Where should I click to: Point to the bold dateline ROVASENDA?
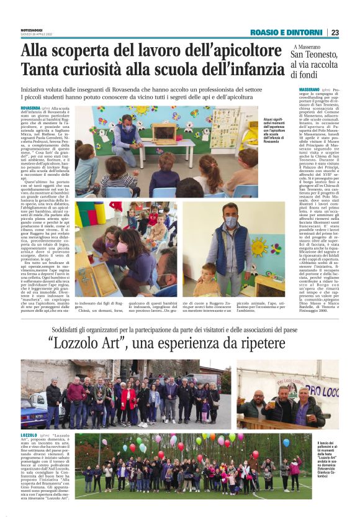[30, 108]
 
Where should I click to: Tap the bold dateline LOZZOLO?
[29, 435]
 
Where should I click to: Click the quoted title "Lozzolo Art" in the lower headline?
[93, 343]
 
